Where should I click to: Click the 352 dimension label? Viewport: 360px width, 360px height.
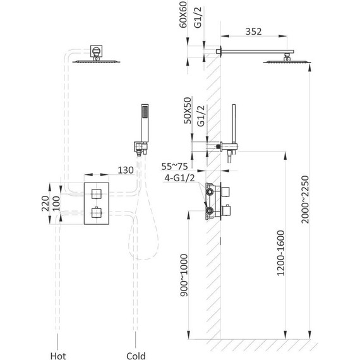[x=253, y=32]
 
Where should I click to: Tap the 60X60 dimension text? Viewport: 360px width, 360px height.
[x=183, y=15]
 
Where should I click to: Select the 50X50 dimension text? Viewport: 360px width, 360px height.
[x=188, y=111]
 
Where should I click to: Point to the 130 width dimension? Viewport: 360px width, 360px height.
[x=126, y=170]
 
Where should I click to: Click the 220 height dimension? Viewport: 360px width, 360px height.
[x=45, y=203]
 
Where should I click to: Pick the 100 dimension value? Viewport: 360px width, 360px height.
[x=56, y=203]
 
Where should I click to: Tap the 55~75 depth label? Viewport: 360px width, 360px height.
[x=174, y=167]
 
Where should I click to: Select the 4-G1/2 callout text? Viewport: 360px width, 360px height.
[x=179, y=178]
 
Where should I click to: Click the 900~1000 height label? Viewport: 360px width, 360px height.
[x=184, y=275]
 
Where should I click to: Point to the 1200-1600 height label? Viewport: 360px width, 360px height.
[x=280, y=253]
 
